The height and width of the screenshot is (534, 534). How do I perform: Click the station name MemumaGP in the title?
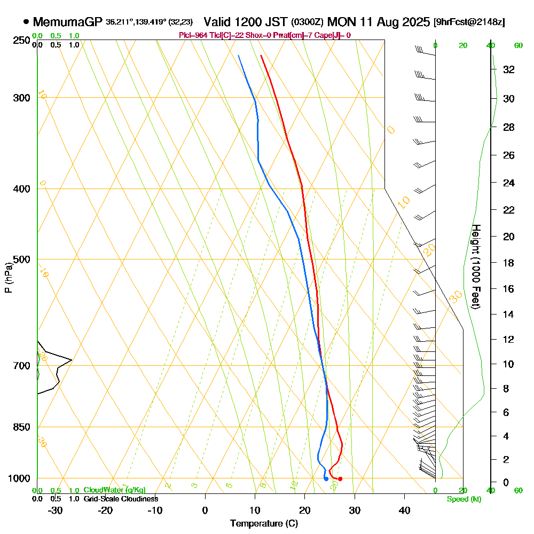pyautogui.click(x=68, y=22)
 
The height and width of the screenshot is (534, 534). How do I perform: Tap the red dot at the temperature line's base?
pyautogui.click(x=340, y=479)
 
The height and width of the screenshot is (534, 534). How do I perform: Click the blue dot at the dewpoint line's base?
pyautogui.click(x=326, y=478)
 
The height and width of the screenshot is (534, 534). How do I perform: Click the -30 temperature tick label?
pyautogui.click(x=56, y=510)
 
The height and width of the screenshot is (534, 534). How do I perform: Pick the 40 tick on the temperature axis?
pyautogui.click(x=404, y=510)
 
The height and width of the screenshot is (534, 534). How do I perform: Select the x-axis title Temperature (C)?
pyautogui.click(x=264, y=524)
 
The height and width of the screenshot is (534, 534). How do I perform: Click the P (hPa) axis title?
pyautogui.click(x=8, y=277)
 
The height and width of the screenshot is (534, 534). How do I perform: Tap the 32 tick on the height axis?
pyautogui.click(x=509, y=69)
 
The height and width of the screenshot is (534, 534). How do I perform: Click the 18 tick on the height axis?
pyautogui.click(x=509, y=263)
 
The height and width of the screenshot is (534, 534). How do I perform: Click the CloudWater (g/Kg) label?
pyautogui.click(x=114, y=490)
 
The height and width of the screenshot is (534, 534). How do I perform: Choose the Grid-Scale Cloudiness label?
pyautogui.click(x=120, y=499)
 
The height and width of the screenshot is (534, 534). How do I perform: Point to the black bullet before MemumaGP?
pyautogui.click(x=26, y=22)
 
